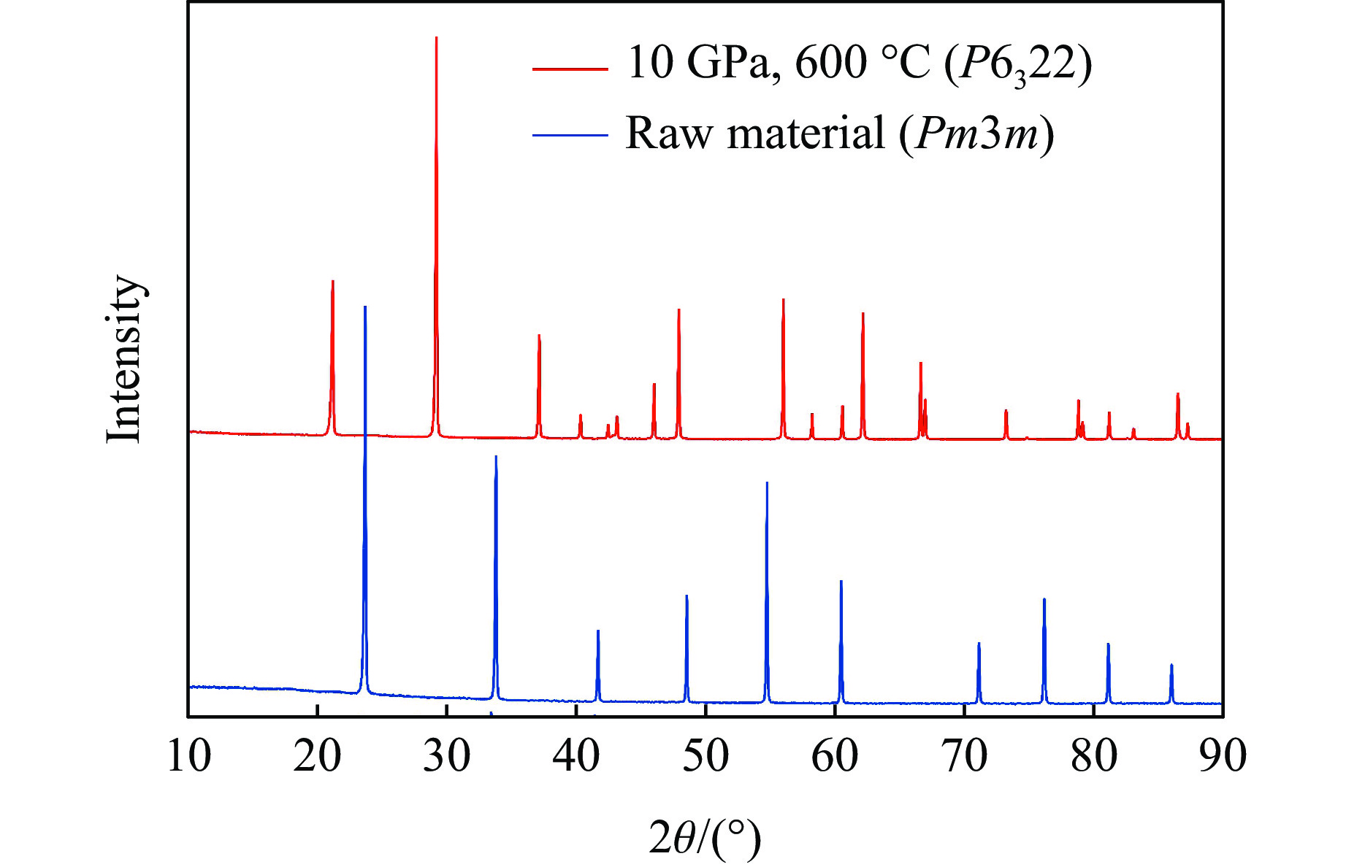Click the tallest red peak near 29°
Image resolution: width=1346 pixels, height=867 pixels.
(436, 38)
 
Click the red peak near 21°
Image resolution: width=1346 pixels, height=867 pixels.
(332, 282)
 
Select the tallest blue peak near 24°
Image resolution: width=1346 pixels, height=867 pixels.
(364, 308)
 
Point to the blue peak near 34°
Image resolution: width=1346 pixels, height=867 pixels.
(496, 458)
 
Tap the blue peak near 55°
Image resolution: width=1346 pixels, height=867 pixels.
(767, 484)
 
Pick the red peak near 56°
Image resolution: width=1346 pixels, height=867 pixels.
(783, 301)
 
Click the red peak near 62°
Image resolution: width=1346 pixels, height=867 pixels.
(863, 315)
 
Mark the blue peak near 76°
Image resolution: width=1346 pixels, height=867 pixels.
(1044, 601)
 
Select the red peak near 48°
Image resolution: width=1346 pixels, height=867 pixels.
(678, 311)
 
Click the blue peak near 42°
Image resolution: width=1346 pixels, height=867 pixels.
(598, 632)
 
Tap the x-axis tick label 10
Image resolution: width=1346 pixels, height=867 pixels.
(188, 756)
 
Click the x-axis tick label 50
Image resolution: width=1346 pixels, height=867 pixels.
(705, 756)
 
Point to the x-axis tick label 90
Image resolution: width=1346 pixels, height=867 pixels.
(1223, 756)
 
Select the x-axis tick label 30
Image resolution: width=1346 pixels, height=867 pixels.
(447, 756)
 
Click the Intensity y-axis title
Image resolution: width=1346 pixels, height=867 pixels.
(124, 359)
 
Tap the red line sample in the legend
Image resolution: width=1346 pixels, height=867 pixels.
(570, 69)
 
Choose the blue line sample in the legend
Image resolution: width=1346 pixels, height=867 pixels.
(570, 135)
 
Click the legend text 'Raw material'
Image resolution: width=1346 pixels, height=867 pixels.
(754, 134)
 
